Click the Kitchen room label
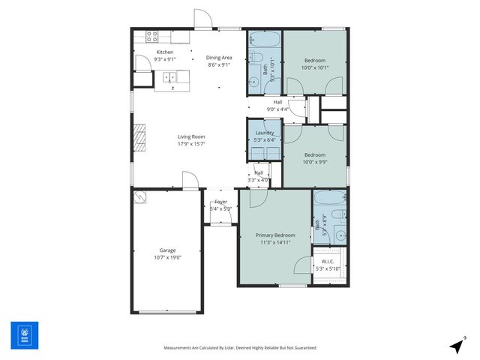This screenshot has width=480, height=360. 165,52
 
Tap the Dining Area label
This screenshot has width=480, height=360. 219,58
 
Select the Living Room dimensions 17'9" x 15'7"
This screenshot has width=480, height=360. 191,144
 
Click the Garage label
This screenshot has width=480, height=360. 167,250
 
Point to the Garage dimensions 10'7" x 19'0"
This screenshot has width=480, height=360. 167,257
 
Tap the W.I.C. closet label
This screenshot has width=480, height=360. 328,262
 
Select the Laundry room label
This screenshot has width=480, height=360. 265,133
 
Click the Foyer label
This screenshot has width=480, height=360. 220,202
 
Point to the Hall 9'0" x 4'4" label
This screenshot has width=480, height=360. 277,106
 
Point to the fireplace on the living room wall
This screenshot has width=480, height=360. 138,138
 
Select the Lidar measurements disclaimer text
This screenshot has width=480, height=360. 240,348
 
